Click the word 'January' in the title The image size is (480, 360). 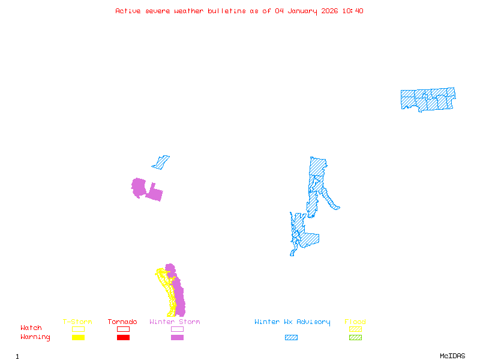click(302, 11)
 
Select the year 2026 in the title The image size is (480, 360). click(329, 11)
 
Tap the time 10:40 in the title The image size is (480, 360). click(353, 11)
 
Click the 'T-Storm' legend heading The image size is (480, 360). click(77, 322)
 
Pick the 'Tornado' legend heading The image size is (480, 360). click(122, 322)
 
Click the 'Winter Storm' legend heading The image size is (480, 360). click(175, 322)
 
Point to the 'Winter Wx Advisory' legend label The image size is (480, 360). click(292, 322)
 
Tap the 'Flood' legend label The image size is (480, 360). click(355, 322)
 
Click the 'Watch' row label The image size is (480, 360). click(31, 328)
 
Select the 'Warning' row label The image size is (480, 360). click(35, 337)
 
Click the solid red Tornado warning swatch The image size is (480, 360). click(124, 338)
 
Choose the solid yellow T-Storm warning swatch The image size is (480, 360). click(79, 338)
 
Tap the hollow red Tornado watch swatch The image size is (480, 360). click(124, 329)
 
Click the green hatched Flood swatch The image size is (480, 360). click(355, 338)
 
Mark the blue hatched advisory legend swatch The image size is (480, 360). click(291, 338)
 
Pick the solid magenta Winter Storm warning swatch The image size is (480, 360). click(177, 338)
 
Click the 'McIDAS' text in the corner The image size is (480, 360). click(452, 356)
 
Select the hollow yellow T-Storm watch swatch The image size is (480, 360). click(79, 329)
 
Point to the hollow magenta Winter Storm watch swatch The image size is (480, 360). click(177, 329)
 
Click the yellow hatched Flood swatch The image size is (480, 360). click(355, 329)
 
